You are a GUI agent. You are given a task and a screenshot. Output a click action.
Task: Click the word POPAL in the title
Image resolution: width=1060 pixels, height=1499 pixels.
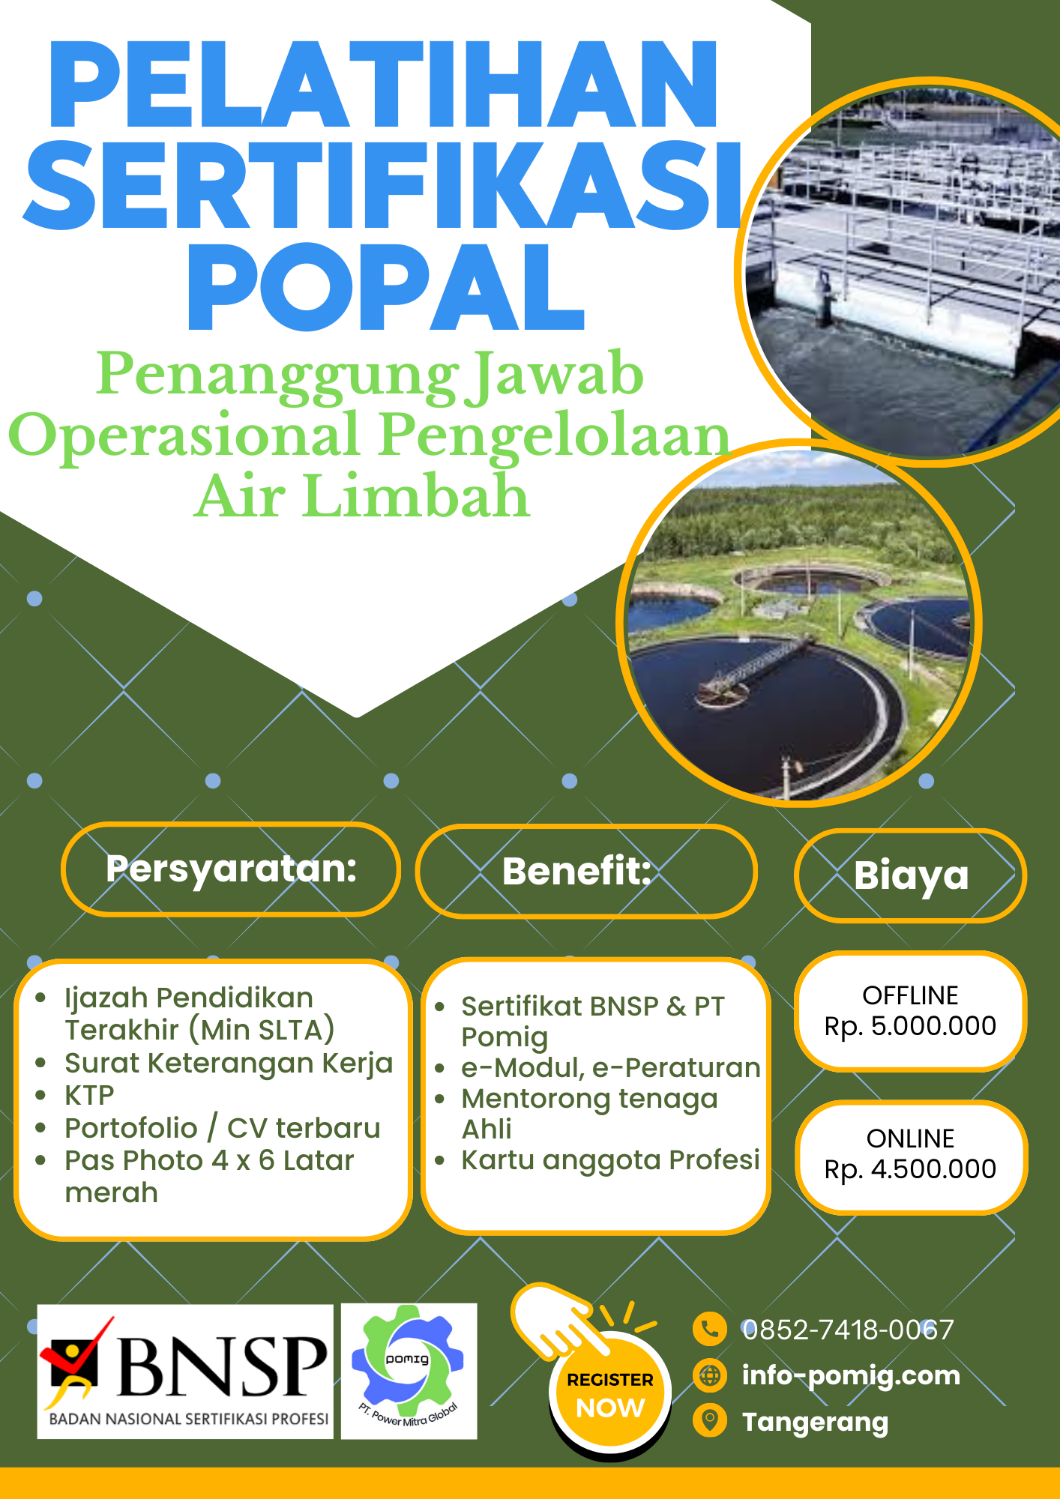(386, 288)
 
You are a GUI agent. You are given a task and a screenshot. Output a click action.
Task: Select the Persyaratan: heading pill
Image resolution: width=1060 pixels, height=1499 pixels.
(231, 869)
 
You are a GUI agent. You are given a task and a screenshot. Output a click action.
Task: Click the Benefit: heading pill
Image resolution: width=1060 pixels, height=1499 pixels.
(586, 871)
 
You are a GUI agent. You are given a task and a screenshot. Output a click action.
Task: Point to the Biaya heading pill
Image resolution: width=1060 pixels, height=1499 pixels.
(911, 875)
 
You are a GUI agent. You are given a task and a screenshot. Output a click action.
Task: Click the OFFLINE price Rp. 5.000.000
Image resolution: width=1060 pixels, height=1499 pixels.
(910, 1025)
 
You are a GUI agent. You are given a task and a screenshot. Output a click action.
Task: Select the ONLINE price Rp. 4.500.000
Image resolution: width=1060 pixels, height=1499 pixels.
(910, 1168)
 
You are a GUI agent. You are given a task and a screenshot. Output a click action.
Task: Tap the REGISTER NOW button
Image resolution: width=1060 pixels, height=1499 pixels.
(610, 1395)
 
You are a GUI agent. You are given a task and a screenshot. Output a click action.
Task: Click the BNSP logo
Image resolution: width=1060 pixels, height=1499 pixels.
(185, 1371)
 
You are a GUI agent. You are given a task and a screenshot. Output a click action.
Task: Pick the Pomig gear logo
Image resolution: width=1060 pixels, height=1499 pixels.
(409, 1370)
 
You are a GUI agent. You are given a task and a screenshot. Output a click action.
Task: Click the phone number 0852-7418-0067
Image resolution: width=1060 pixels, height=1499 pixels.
(848, 1330)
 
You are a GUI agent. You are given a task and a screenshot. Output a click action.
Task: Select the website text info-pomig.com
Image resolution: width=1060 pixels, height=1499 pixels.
(851, 1375)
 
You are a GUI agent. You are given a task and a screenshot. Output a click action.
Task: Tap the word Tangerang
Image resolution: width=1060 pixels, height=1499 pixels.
(815, 1422)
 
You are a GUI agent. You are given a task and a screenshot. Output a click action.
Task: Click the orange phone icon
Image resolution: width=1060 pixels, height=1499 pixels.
(709, 1330)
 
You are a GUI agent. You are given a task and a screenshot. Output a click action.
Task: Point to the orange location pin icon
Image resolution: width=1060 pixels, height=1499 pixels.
(709, 1421)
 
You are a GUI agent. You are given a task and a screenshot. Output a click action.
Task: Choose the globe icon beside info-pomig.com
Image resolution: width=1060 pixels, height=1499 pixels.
(709, 1375)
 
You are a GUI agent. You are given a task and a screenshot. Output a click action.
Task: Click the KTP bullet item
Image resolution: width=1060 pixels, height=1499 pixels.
(89, 1096)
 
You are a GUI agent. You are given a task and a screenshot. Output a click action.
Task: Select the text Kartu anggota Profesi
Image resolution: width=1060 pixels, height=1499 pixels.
(610, 1159)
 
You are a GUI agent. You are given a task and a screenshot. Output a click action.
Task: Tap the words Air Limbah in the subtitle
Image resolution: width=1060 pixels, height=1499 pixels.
(362, 496)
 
